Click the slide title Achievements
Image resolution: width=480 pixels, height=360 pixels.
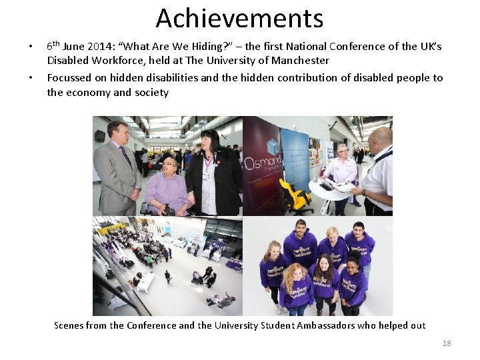click(239, 18)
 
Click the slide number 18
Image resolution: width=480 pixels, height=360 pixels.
click(447, 343)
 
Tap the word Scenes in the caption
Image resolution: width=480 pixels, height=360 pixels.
click(69, 325)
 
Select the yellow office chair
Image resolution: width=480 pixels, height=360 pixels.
click(297, 193)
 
